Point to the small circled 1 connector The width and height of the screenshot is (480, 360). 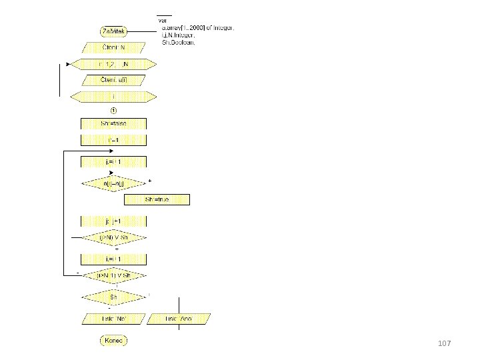pos(113,110)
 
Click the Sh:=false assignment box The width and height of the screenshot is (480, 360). pos(113,124)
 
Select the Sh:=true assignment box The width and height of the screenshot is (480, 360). pos(157,199)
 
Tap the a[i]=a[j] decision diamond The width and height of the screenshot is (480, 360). pos(113,183)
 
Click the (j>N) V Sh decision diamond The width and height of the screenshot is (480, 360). pos(113,237)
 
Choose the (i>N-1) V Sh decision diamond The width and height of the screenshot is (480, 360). pos(113,275)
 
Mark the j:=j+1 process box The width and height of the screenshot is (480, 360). pos(113,221)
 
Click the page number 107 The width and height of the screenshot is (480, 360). pos(445,343)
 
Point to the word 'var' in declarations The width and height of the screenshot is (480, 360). pos(163,21)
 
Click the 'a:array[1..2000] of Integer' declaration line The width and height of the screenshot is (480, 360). pos(197,28)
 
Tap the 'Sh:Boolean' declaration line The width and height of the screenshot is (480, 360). pos(179,42)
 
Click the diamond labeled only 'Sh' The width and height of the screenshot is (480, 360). pos(113,296)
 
